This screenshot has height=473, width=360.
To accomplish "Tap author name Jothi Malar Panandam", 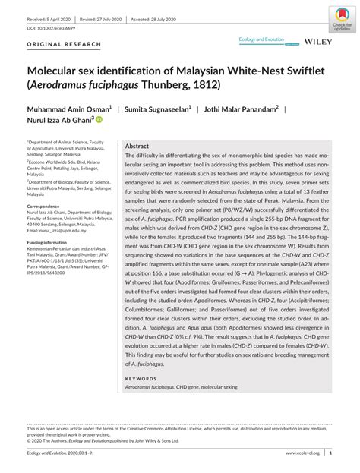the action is tap(240, 109).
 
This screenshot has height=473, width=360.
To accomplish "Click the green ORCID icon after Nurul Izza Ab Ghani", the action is tap(99, 120).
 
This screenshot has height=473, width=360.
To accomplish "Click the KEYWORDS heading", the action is tap(141, 377).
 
